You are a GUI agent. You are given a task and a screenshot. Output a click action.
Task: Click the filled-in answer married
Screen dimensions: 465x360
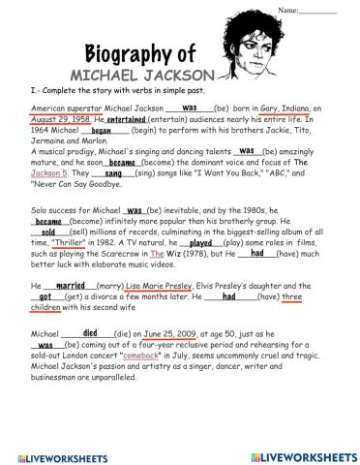coord(72,286)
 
